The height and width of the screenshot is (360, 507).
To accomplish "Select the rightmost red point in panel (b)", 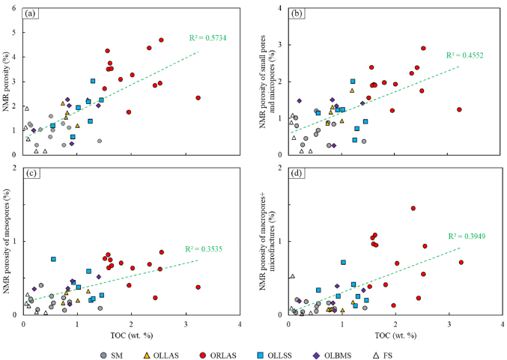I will pyautogui.click(x=459, y=109).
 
